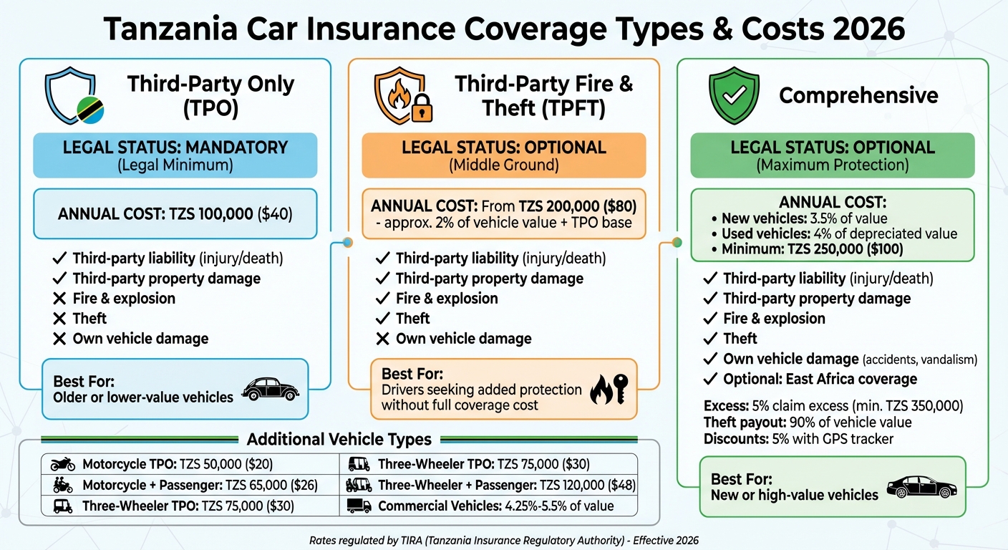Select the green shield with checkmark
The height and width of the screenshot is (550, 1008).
(732, 96)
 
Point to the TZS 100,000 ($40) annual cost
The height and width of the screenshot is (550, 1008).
(175, 213)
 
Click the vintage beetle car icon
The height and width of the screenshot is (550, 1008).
(271, 390)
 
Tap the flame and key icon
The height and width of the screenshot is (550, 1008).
(610, 391)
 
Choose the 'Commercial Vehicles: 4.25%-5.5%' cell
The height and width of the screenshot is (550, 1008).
(487, 506)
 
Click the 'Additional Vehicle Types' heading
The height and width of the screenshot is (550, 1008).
(339, 439)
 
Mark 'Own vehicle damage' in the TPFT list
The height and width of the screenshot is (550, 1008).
(463, 339)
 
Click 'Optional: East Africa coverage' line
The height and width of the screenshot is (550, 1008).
(820, 379)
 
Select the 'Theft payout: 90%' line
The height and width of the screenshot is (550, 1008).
(808, 422)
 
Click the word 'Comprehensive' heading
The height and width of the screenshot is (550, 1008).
(858, 95)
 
